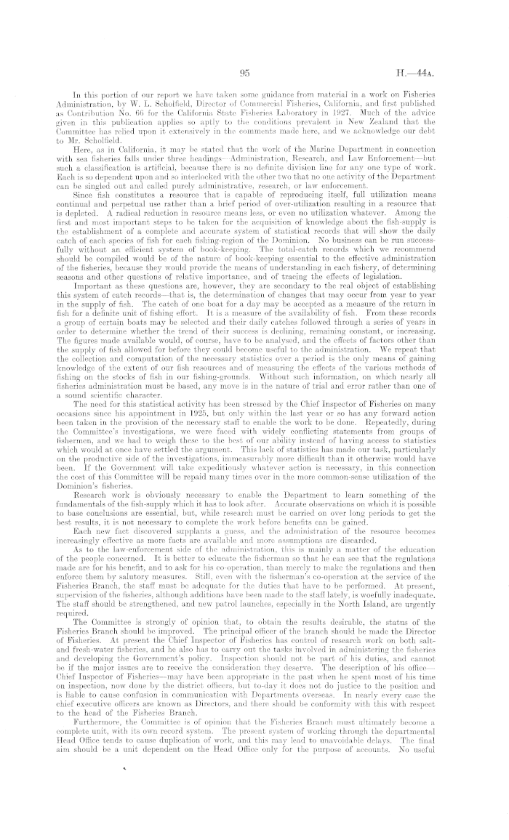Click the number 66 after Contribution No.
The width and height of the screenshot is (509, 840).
click(x=119, y=114)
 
